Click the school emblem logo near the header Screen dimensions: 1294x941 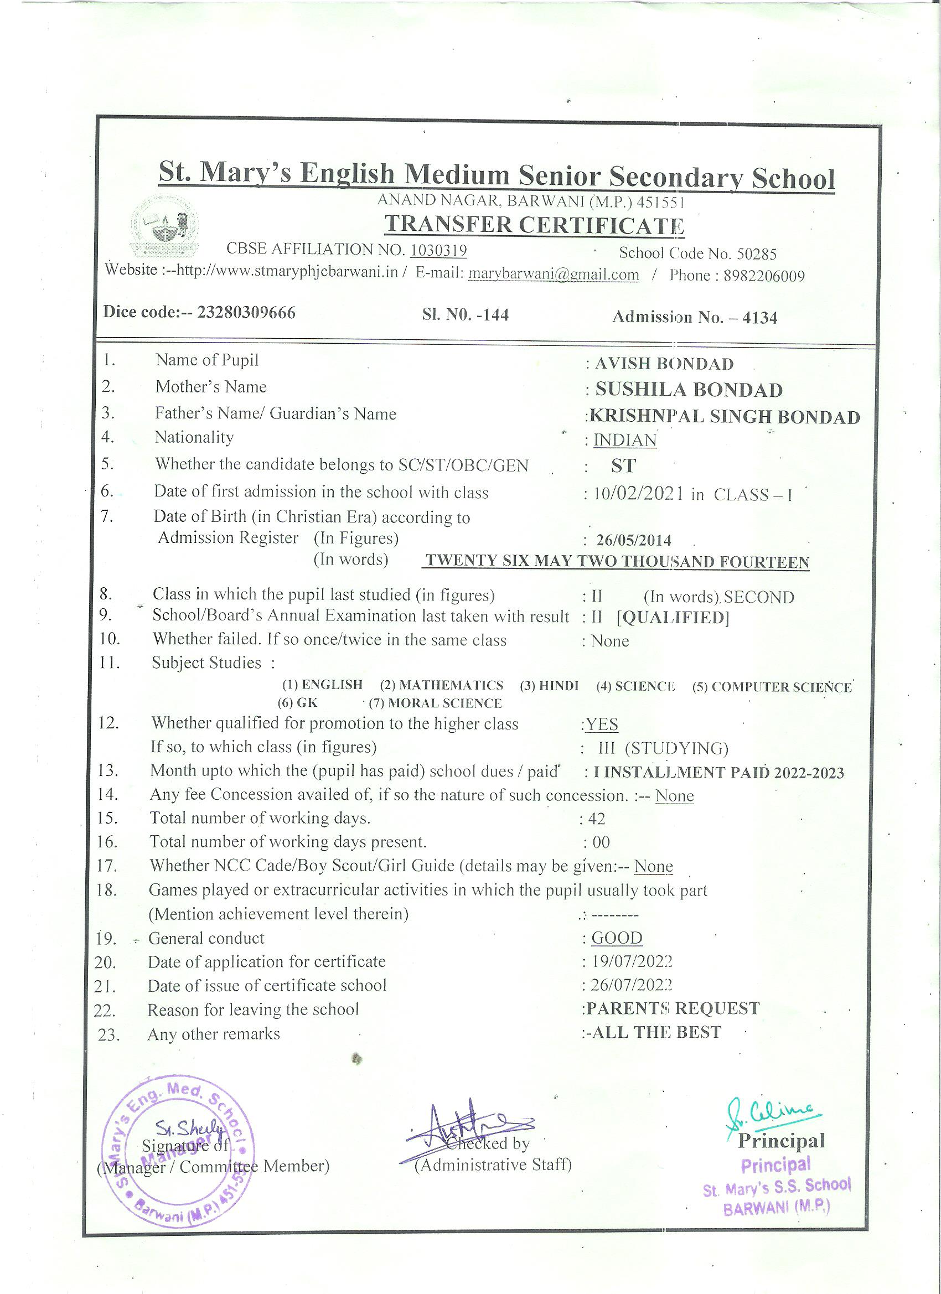(165, 227)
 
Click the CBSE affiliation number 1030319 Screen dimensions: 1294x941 (438, 251)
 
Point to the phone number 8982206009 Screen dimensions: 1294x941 (764, 276)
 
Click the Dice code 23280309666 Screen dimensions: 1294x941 (246, 313)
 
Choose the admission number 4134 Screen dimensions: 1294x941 (759, 318)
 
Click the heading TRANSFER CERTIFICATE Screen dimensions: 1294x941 (534, 225)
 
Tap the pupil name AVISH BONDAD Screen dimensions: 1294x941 (664, 364)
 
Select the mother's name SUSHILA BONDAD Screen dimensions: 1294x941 (689, 390)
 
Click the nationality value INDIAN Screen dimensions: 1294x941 (625, 440)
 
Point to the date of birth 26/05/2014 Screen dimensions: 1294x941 (633, 540)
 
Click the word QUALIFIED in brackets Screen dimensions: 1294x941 (673, 618)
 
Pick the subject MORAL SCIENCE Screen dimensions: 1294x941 (444, 703)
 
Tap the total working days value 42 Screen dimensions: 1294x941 (596, 819)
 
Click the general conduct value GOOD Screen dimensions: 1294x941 (617, 938)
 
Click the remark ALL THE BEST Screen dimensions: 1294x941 (656, 1032)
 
